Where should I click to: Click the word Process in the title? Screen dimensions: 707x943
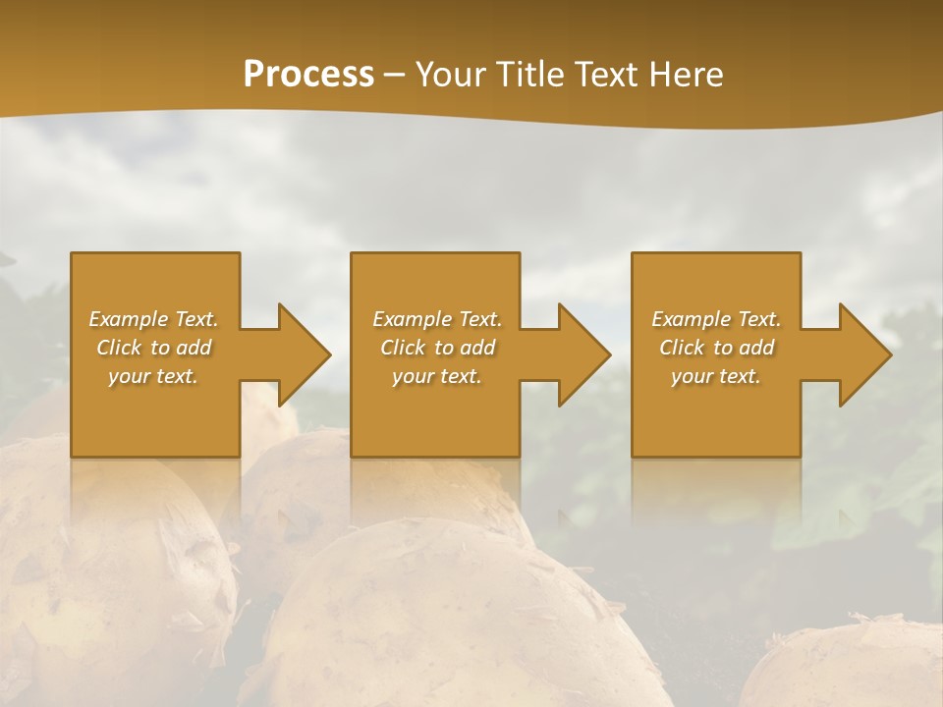pyautogui.click(x=308, y=75)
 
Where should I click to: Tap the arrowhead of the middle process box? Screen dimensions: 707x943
pyautogui.click(x=582, y=354)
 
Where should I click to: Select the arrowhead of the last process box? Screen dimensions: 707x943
pyautogui.click(x=862, y=354)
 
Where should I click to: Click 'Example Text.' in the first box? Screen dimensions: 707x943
pyautogui.click(x=153, y=319)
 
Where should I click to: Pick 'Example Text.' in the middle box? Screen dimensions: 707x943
pyautogui.click(x=437, y=319)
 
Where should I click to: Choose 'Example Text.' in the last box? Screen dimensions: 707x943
pyautogui.click(x=716, y=319)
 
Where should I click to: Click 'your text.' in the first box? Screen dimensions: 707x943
pyautogui.click(x=153, y=376)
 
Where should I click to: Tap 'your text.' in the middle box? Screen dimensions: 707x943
pyautogui.click(x=437, y=376)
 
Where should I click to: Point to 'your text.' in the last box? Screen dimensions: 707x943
pyautogui.click(x=716, y=376)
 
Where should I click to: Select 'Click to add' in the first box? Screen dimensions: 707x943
pyautogui.click(x=153, y=348)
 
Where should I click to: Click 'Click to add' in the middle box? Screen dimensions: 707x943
pyautogui.click(x=437, y=348)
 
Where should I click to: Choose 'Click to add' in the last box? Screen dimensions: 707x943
pyautogui.click(x=716, y=348)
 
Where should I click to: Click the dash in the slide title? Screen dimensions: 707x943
pyautogui.click(x=394, y=75)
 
